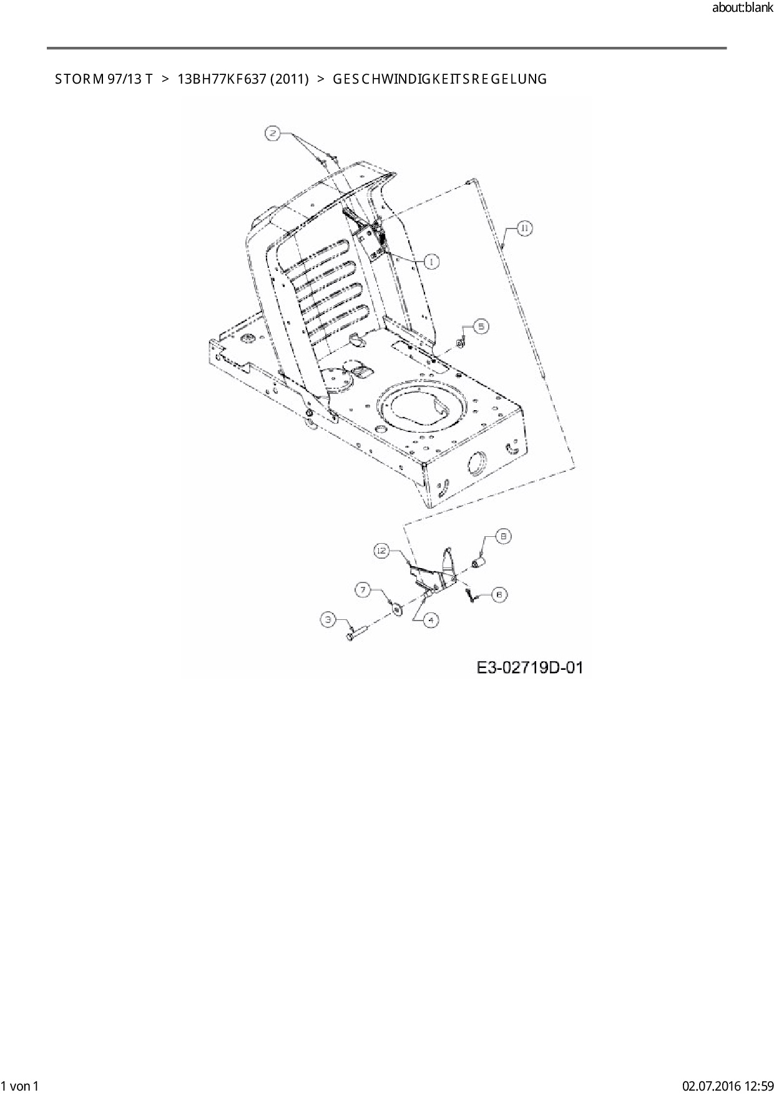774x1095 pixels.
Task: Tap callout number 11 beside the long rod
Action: (x=524, y=229)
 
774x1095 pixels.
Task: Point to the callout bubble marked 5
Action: (x=481, y=326)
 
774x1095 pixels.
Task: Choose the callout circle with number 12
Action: (x=382, y=551)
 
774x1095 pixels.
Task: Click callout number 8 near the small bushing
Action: (x=504, y=536)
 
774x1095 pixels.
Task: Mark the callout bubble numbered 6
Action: (x=499, y=595)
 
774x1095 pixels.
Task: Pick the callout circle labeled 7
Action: (x=363, y=589)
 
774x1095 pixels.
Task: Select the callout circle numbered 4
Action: (x=430, y=620)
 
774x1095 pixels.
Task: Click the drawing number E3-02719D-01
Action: (x=530, y=668)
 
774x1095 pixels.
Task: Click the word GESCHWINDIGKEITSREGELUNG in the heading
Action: (x=440, y=79)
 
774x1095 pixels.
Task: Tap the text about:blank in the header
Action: (x=742, y=8)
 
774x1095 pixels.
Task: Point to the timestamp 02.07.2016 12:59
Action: (x=727, y=1086)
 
